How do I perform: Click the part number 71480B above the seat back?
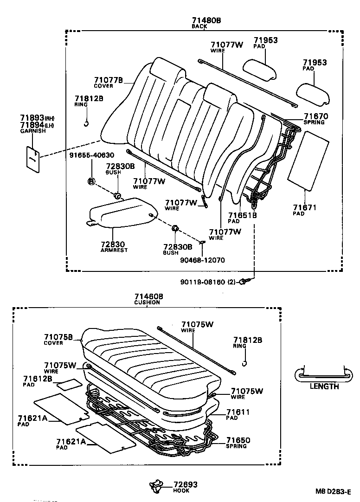tap(206, 20)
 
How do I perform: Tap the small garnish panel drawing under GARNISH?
tap(32, 159)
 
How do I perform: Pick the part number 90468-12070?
tap(202, 260)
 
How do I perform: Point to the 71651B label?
tap(242, 215)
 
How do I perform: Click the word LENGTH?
tap(324, 386)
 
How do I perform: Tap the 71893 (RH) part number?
tap(32, 118)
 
